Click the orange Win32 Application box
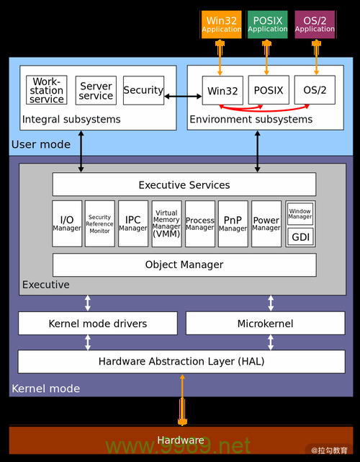click(221, 25)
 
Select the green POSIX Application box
click(268, 25)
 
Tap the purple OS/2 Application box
click(315, 25)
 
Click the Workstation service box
click(47, 90)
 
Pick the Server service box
click(96, 90)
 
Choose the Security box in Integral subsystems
click(143, 90)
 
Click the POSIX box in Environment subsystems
click(269, 90)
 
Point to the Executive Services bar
click(184, 185)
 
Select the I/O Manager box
click(67, 223)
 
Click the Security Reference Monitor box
click(99, 223)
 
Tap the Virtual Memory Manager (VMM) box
click(166, 223)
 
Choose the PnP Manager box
click(233, 223)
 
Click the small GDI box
click(301, 236)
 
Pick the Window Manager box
click(300, 213)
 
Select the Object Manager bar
click(184, 265)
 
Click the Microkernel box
click(265, 324)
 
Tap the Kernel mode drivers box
click(97, 324)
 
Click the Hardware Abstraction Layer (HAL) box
click(181, 361)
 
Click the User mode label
click(41, 144)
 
